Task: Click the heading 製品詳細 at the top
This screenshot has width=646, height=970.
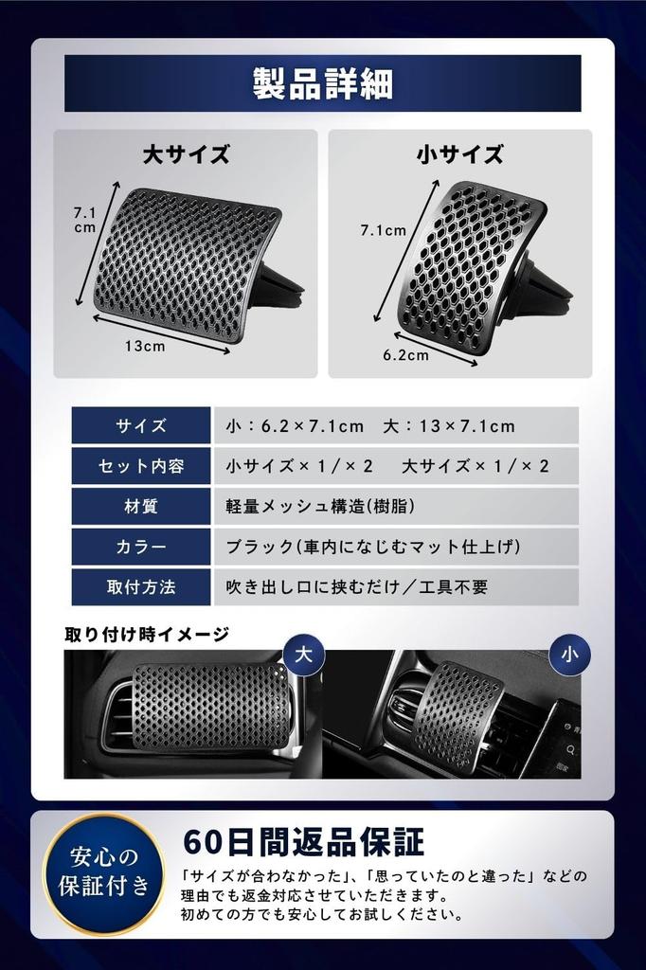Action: (322, 84)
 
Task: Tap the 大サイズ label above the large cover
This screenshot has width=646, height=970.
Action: (186, 154)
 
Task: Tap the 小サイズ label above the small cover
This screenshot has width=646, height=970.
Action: (459, 154)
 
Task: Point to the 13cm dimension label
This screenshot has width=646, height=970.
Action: (145, 346)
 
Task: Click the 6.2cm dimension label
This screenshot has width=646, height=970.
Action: (405, 355)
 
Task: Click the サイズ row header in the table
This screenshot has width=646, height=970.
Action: (141, 426)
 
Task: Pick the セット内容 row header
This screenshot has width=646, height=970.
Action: (141, 466)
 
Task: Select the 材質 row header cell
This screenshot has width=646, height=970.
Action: (141, 507)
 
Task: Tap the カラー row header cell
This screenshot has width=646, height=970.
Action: (141, 547)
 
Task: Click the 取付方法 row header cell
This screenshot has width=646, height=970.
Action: (141, 587)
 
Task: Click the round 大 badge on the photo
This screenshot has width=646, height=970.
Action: (303, 654)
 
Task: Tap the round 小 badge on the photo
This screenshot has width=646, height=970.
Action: (568, 654)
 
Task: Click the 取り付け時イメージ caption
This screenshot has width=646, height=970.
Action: (147, 634)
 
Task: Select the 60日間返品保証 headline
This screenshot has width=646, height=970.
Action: (302, 841)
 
